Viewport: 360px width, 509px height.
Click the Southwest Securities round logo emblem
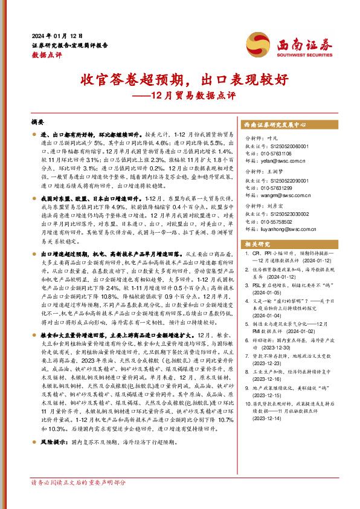(258, 44)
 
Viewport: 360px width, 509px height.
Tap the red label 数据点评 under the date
(47, 54)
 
